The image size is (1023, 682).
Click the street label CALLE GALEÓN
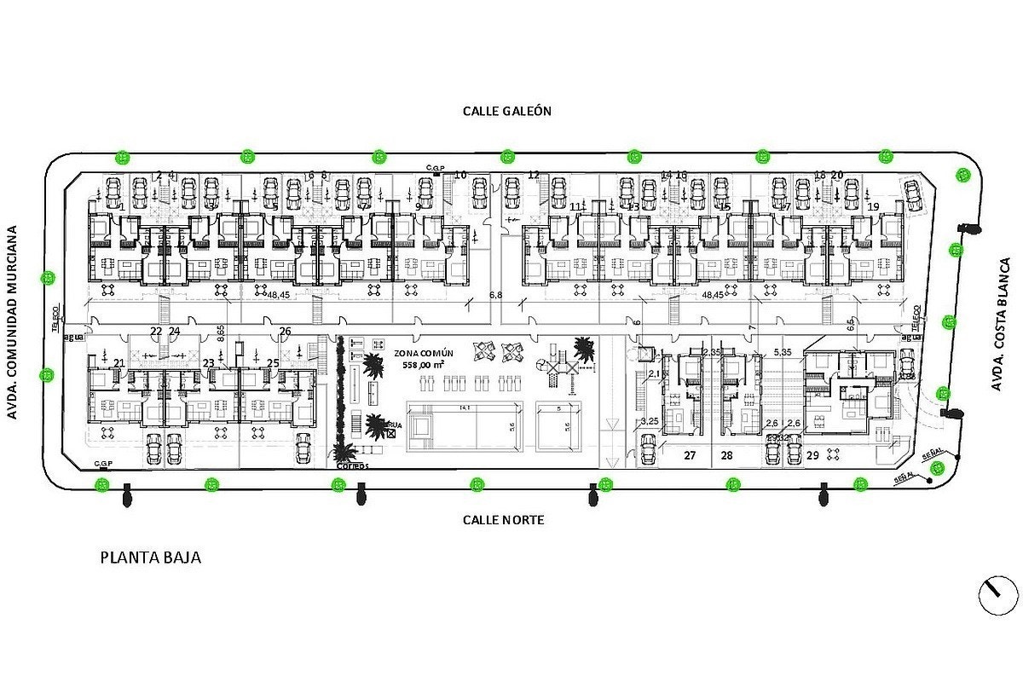(x=507, y=111)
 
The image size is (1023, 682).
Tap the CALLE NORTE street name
(x=503, y=519)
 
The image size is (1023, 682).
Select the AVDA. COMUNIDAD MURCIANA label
(x=14, y=323)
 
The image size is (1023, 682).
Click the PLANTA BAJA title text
(x=151, y=558)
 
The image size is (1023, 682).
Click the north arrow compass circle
(x=999, y=593)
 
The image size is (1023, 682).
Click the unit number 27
(x=690, y=456)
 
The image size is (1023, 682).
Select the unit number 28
(x=726, y=456)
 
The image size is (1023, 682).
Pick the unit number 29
(x=812, y=456)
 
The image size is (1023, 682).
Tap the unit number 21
(x=118, y=363)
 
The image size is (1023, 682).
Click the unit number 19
(x=872, y=207)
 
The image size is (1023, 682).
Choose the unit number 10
(x=460, y=175)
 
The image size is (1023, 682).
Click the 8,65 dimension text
(x=222, y=332)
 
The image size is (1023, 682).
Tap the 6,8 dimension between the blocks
(x=495, y=294)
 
